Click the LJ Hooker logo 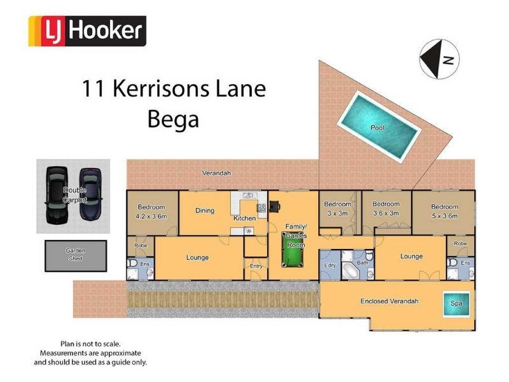coord(88,31)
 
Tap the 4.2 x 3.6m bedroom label coord(151,211)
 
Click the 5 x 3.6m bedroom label coord(444,211)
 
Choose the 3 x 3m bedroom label coord(337,208)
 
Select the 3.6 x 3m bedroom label coord(385,209)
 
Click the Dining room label coord(204,210)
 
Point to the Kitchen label coord(244,218)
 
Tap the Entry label coord(256,266)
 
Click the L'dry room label coord(330,264)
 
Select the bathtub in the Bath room coord(351,271)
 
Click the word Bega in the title coord(173,118)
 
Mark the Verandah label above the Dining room coord(216,173)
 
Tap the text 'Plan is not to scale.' coord(90,344)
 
